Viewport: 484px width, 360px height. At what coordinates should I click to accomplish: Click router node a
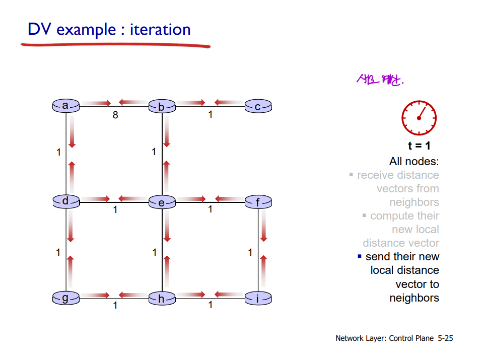point(65,106)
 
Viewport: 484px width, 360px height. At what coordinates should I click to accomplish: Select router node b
point(162,107)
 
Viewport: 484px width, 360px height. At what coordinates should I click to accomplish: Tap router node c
point(258,107)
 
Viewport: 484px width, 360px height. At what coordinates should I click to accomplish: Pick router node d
point(65,201)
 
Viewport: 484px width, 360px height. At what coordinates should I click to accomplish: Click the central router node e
point(162,203)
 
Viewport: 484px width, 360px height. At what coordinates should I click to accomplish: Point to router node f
point(258,203)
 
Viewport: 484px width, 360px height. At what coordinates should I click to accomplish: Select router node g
point(65,299)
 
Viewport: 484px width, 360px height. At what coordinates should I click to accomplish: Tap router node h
point(162,299)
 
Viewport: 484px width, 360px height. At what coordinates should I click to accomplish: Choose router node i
point(258,299)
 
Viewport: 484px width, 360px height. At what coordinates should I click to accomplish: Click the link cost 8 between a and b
point(115,115)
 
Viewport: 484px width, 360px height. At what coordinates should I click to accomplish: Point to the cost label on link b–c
point(211,115)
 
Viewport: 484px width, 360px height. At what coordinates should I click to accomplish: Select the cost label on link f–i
point(250,252)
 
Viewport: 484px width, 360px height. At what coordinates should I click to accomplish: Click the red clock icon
point(419,118)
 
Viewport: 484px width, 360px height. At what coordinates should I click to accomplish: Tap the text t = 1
point(419,147)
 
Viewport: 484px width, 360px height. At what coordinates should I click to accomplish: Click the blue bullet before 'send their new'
point(360,256)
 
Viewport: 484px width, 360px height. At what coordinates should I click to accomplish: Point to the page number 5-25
point(445,338)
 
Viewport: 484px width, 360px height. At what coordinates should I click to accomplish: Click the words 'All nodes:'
point(414,162)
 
